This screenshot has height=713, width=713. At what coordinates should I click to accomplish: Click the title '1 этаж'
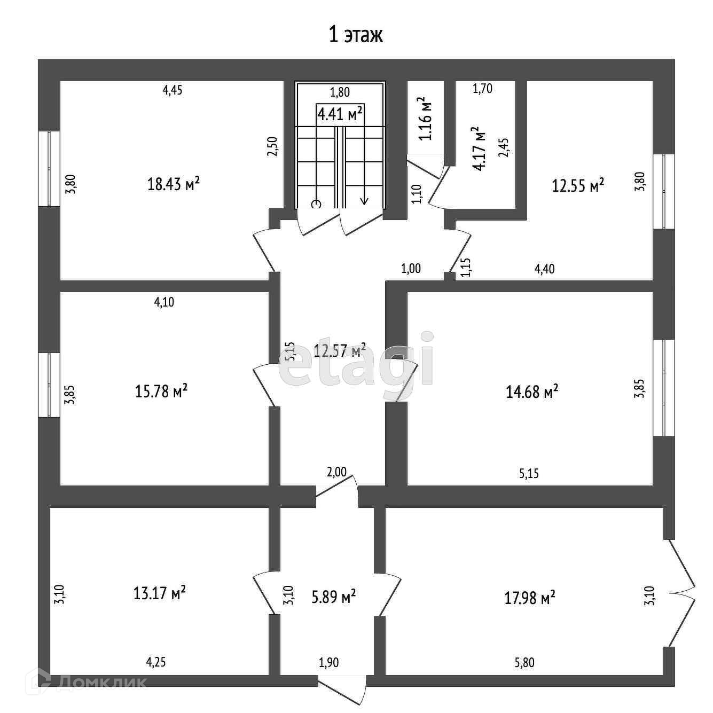(356, 35)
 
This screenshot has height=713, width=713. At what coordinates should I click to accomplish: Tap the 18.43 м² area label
(174, 184)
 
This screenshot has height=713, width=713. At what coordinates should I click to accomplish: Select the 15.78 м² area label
(161, 391)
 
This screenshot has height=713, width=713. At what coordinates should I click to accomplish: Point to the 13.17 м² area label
(159, 592)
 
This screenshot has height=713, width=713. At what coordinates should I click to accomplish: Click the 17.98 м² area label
(529, 597)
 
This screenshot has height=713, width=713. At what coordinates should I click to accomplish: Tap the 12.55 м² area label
(578, 185)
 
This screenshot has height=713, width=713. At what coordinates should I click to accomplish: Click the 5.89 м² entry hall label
(334, 597)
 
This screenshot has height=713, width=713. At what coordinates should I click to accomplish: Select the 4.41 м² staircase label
(340, 114)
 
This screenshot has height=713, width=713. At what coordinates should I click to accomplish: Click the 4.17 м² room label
(479, 148)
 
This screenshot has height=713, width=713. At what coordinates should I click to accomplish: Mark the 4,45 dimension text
(173, 90)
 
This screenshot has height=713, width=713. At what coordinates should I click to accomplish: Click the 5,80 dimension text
(524, 663)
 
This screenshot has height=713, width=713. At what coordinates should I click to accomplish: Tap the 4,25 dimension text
(156, 662)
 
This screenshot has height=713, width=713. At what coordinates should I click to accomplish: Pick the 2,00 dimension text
(336, 472)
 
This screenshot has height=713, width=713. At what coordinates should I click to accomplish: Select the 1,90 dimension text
(328, 663)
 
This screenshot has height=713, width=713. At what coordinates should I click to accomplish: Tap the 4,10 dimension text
(164, 302)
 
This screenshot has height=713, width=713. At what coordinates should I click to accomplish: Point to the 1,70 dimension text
(482, 89)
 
